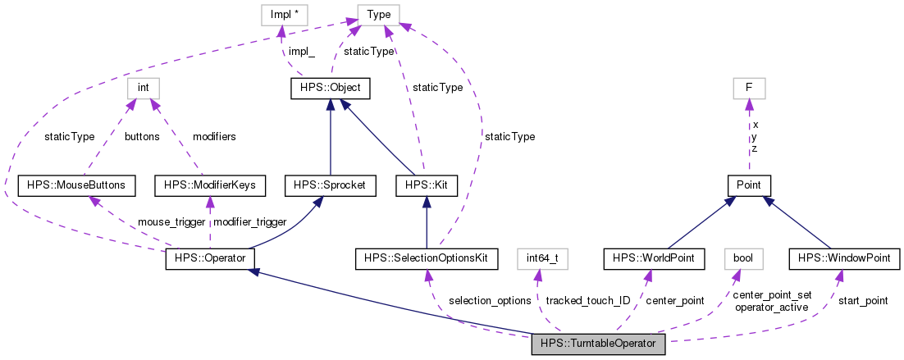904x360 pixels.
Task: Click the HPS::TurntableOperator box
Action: click(598, 344)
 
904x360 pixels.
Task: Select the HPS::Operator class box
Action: click(210, 259)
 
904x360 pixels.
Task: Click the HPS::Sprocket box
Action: click(330, 185)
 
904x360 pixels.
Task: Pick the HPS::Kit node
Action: click(425, 185)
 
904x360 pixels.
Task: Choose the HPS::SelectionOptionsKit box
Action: click(427, 259)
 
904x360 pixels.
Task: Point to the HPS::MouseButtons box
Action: click(75, 185)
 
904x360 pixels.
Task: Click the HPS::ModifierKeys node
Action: click(210, 185)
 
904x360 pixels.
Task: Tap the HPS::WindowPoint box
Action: click(845, 259)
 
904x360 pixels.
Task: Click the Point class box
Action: click(749, 185)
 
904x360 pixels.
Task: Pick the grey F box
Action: click(749, 88)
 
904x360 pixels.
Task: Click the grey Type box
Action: click(378, 14)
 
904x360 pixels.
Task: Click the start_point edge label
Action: click(862, 301)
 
